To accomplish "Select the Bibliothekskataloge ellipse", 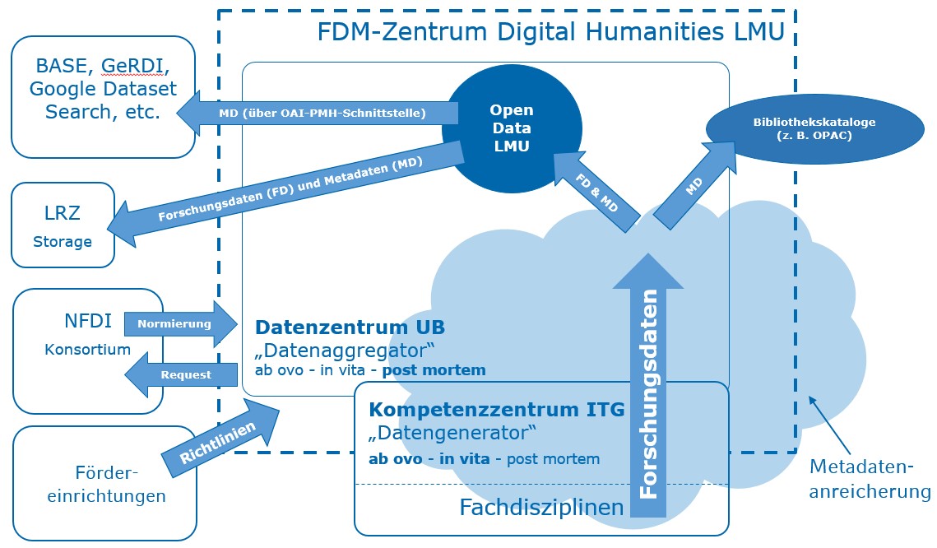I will click(x=814, y=128).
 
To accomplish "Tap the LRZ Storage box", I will click(x=63, y=225).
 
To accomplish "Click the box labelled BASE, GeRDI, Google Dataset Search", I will click(x=102, y=96).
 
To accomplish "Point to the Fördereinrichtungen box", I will click(x=105, y=485).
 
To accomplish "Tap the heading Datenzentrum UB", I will click(x=350, y=327).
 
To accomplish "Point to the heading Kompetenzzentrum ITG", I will click(x=497, y=409).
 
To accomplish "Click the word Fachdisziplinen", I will click(x=541, y=508).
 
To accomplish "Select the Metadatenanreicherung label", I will click(x=870, y=480).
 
